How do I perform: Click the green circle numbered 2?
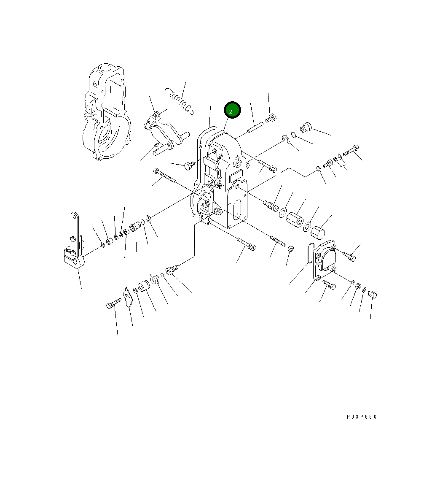[x=232, y=110]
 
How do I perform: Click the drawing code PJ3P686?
[x=361, y=417]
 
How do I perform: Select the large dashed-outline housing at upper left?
[x=106, y=112]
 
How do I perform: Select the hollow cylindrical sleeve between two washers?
[x=295, y=219]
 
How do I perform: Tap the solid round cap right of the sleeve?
[x=317, y=233]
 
